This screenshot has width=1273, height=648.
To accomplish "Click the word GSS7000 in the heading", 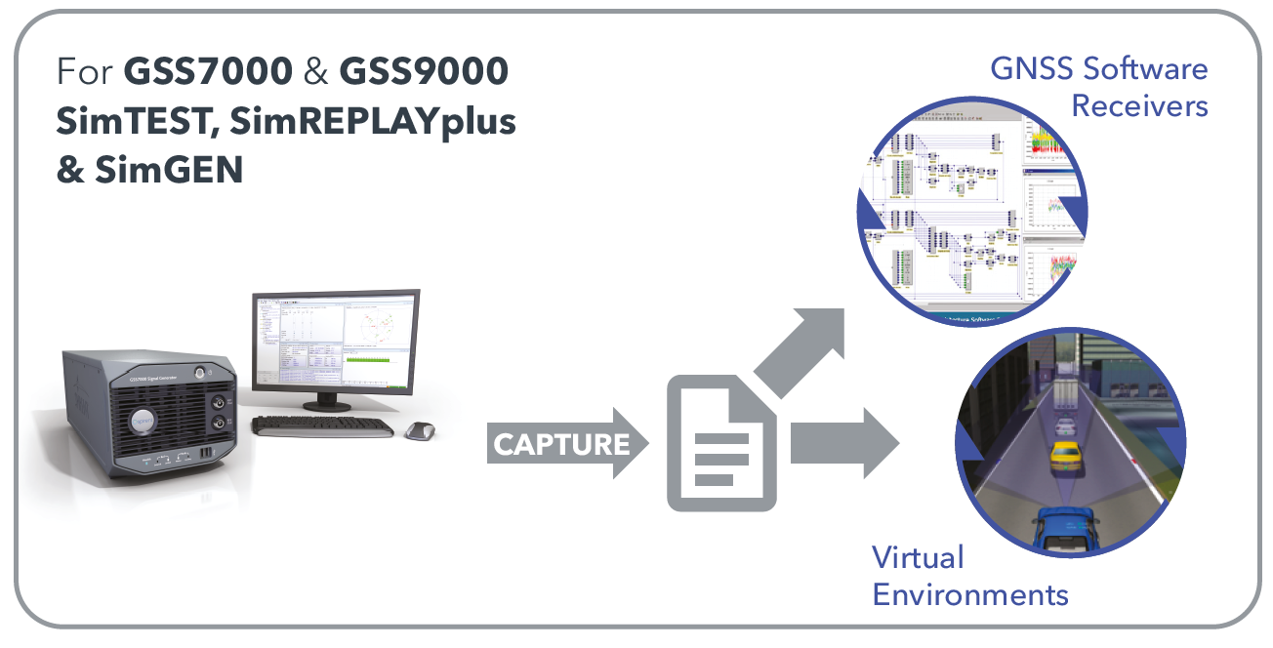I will coord(208,72).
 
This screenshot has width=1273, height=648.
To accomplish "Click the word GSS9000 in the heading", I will coord(424,72).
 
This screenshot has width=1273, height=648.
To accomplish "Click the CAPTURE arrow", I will coord(566,445).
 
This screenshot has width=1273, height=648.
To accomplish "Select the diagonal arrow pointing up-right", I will coord(801,351).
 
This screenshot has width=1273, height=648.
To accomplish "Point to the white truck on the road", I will coord(1067,394).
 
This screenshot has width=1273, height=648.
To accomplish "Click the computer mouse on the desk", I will coord(419,429).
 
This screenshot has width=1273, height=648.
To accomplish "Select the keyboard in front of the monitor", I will coord(322,426).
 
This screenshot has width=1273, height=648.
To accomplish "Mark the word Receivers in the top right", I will coord(1139,105).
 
